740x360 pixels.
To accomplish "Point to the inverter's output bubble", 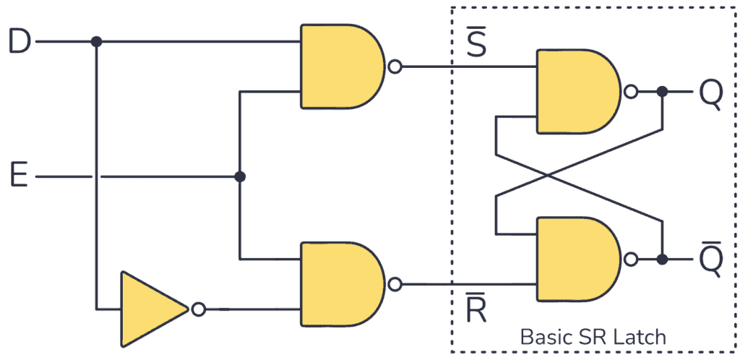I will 198,309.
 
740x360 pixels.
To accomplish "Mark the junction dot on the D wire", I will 96,42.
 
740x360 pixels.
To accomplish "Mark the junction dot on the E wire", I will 240,176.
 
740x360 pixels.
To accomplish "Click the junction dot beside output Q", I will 662,93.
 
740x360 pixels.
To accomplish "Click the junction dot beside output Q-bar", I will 662,259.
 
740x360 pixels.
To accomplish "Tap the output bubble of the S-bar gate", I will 394,67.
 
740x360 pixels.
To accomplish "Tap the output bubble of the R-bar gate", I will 394,284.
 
